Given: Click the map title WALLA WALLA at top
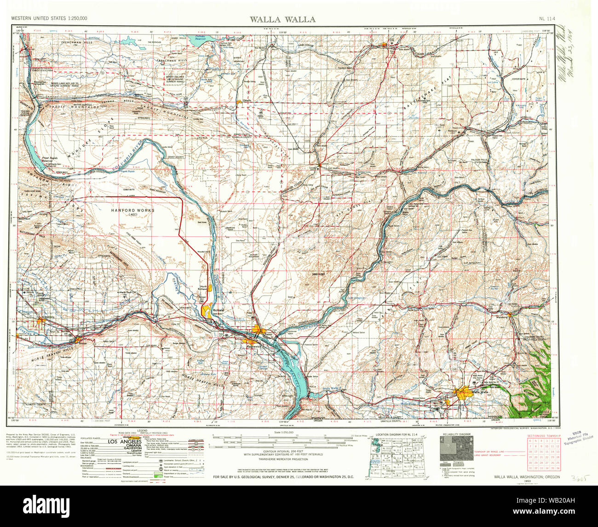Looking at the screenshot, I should (x=282, y=19).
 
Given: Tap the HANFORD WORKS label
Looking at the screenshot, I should (x=132, y=210).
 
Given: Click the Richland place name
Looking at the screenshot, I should (x=218, y=310).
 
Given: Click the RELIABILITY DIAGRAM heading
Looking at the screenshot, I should (x=457, y=434).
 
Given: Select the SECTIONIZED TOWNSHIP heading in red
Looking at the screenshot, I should (x=543, y=435).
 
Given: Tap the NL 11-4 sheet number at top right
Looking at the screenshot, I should (x=547, y=19).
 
